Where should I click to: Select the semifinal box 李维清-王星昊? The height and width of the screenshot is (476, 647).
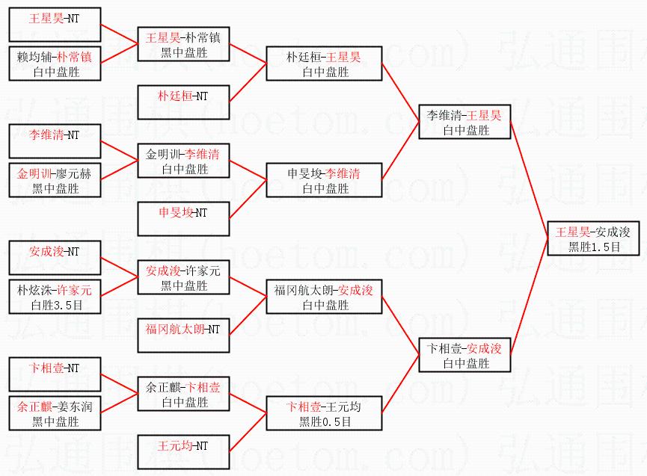point(464,123)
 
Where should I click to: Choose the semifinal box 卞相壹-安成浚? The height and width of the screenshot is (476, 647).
point(464,355)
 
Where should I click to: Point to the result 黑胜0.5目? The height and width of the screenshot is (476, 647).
point(325,421)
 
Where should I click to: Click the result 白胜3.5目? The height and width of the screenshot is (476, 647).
point(55,305)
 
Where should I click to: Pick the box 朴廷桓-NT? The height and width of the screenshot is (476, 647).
point(183,96)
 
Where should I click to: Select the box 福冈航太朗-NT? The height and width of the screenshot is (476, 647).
point(183,329)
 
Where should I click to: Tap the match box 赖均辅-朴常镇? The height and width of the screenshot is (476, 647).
point(55,64)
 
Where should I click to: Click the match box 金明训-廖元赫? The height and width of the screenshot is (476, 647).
point(55,181)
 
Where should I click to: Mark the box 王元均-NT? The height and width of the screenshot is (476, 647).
point(183,446)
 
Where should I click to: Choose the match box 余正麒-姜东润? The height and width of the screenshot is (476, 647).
point(55,414)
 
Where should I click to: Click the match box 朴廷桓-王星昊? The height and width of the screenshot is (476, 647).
point(324,64)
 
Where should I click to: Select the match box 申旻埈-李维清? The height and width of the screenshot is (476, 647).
point(324,181)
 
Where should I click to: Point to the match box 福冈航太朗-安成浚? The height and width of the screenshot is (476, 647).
point(324,297)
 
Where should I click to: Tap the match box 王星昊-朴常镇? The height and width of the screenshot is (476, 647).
point(183,44)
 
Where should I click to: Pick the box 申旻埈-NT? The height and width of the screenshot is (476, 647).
point(183,212)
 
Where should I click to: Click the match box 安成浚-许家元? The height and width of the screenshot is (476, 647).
point(183,277)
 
